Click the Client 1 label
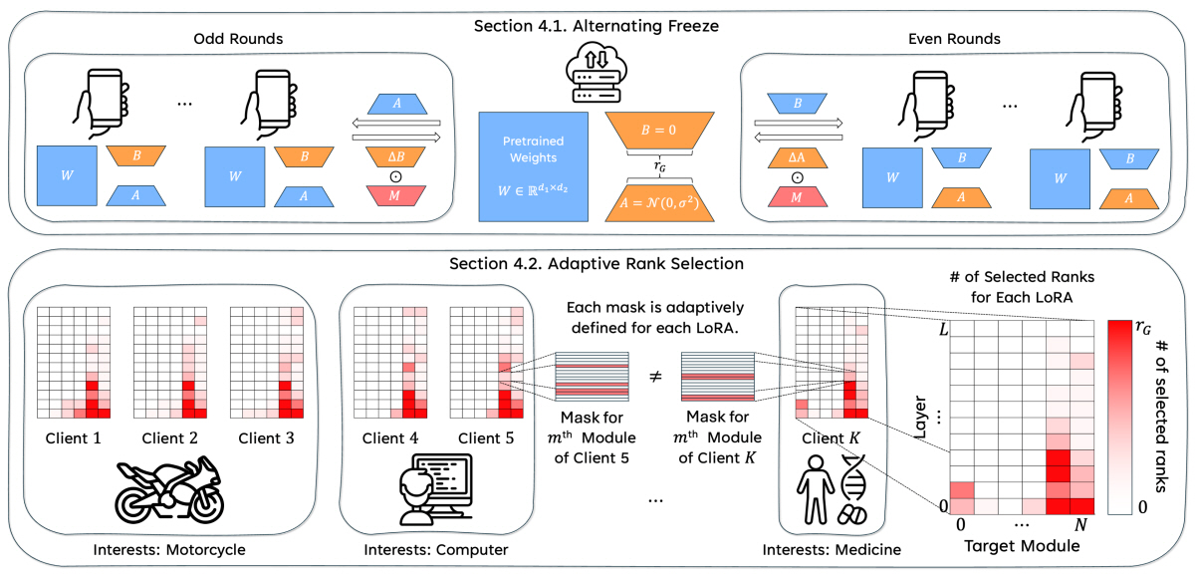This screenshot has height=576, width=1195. coord(73,436)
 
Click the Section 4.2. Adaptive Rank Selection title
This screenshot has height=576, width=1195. coord(597,266)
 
